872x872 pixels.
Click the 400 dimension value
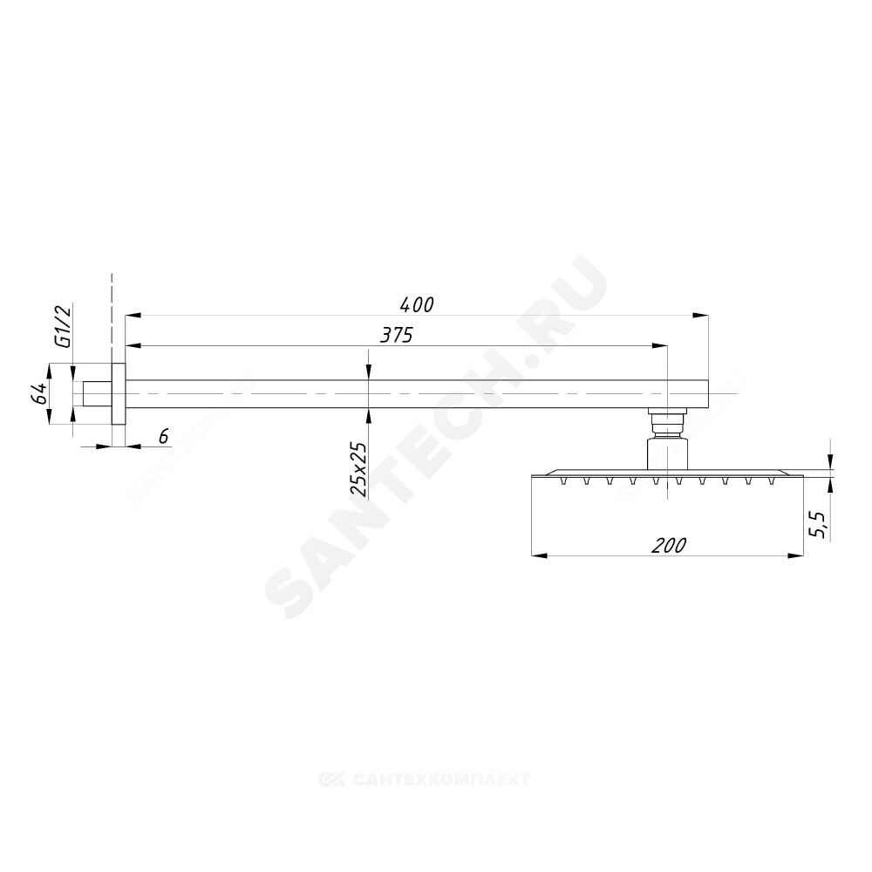pyautogui.click(x=417, y=304)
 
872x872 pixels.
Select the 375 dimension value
pyautogui.click(x=397, y=335)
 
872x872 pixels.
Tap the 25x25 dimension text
pyautogui.click(x=358, y=469)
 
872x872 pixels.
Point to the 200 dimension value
pyautogui.click(x=669, y=545)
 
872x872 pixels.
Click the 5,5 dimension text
pyautogui.click(x=819, y=524)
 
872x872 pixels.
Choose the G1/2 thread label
pyautogui.click(x=64, y=326)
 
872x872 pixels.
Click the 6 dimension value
pyautogui.click(x=164, y=437)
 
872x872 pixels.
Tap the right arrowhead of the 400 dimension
pyautogui.click(x=701, y=316)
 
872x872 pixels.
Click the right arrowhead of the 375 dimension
pyautogui.click(x=659, y=346)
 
